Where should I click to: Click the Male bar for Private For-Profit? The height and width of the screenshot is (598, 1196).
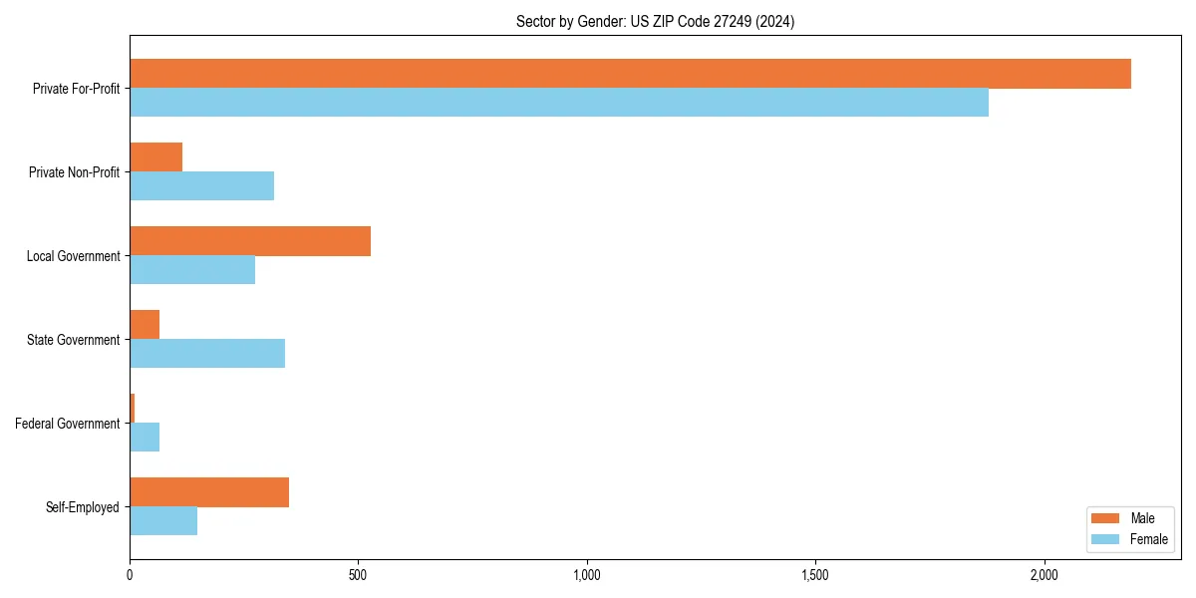630,74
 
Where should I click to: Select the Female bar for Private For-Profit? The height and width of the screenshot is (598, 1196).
559,103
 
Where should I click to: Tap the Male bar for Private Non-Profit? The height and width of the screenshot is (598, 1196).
155,157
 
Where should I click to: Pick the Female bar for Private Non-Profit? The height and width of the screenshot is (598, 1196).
201,186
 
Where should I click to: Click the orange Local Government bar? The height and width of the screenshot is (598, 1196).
250,241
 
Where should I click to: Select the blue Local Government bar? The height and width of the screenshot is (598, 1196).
192,270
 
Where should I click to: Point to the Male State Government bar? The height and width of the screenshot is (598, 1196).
145,325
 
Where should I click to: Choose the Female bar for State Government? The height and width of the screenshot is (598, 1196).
207,354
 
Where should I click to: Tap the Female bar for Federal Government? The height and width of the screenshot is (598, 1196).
145,438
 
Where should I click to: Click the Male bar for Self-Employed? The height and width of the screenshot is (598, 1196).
209,492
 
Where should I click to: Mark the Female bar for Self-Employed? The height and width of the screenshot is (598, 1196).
163,521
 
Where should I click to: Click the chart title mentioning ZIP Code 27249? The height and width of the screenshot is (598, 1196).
655,21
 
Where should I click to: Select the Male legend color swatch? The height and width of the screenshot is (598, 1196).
1106,518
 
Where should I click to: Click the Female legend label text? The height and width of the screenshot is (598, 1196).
1148,539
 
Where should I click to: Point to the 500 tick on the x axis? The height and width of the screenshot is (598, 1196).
358,575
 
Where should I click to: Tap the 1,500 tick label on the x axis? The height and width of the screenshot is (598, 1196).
814,575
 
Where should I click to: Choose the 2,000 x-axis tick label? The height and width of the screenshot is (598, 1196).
1044,575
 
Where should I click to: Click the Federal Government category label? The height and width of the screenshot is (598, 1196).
67,424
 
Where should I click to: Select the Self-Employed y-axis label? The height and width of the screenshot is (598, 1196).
82,507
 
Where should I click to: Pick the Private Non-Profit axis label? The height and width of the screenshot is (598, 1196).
74,172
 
